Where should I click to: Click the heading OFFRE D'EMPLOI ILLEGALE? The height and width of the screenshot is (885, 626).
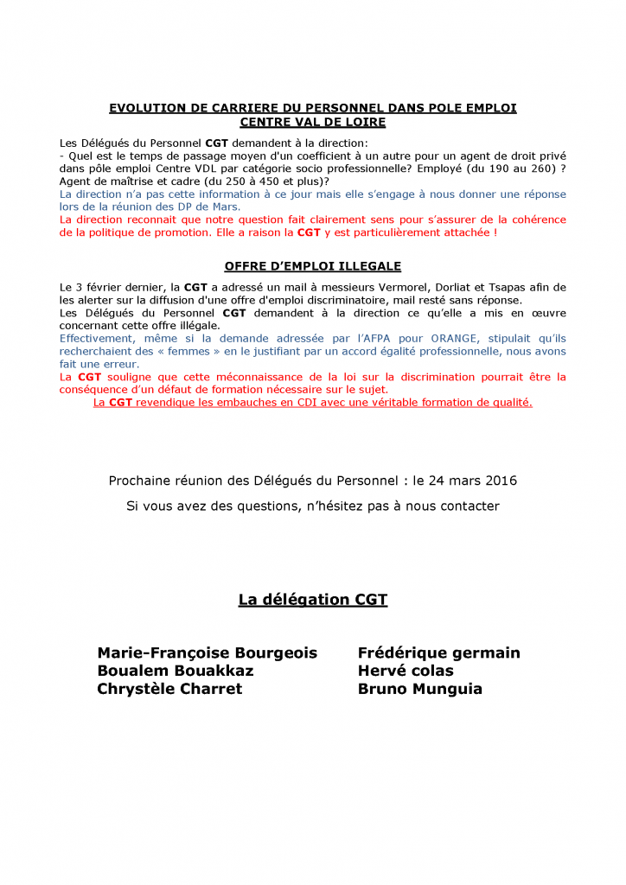312,266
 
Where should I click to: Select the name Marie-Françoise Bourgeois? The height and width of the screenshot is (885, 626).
208,653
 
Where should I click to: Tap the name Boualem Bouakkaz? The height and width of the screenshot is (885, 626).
176,671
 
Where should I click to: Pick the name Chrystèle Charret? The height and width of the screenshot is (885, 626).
170,689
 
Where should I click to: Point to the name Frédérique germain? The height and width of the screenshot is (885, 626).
439,653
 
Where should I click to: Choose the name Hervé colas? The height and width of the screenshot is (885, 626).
406,671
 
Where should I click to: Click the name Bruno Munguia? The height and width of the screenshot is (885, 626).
420,689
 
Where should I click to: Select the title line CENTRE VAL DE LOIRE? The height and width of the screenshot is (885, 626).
312,123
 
